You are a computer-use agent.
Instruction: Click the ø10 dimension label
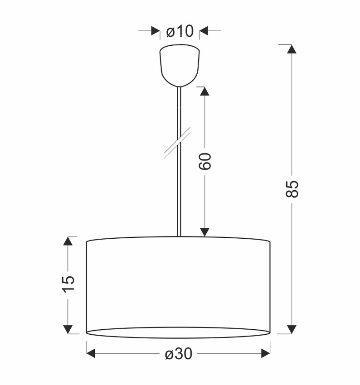(x=180, y=31)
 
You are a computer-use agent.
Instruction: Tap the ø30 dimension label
(x=178, y=354)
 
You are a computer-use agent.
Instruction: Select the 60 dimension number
(x=204, y=161)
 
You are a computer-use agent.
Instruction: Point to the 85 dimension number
(x=292, y=189)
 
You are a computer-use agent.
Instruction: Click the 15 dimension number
(x=68, y=284)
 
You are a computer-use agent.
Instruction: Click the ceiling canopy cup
(x=180, y=66)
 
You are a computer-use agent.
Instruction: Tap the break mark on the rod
(x=177, y=143)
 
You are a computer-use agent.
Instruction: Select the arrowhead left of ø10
(x=156, y=31)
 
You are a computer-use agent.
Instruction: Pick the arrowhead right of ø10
(x=204, y=31)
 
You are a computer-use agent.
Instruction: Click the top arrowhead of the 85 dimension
(x=292, y=49)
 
